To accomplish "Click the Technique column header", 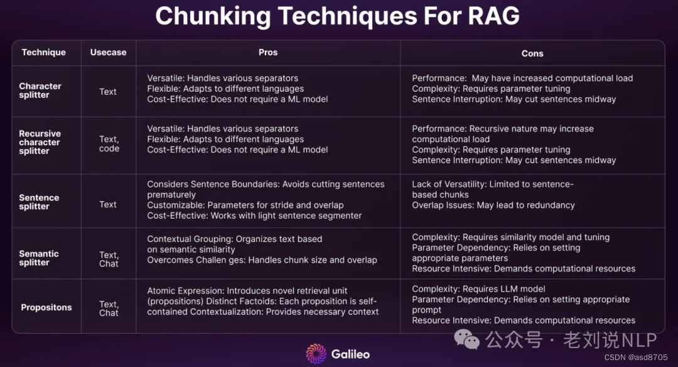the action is [x=43, y=52].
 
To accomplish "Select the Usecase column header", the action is [x=108, y=52].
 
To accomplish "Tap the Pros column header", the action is [x=268, y=52].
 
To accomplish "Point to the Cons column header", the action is [x=532, y=53].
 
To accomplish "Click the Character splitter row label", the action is [x=40, y=90].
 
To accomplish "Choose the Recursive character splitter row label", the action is [x=40, y=142].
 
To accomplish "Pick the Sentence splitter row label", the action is [x=39, y=202].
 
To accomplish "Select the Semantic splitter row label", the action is [x=39, y=258].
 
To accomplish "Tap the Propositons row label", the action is [x=46, y=307].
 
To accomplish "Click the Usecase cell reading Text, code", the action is [x=109, y=143].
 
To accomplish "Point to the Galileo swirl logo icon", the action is [x=316, y=353].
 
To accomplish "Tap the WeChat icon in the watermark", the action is [x=467, y=340].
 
